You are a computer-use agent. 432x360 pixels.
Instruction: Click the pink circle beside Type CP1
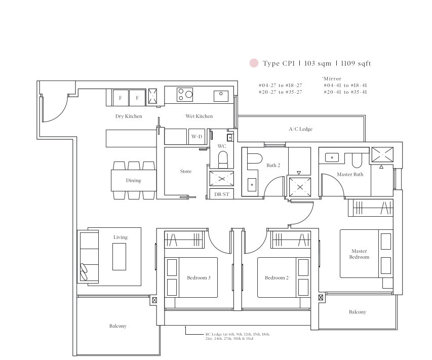click(254, 63)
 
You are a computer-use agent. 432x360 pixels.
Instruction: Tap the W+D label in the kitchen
click(197, 136)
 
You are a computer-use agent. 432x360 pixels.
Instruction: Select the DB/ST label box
click(222, 194)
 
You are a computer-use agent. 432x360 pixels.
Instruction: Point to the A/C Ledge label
click(301, 129)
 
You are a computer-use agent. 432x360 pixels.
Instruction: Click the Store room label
click(186, 171)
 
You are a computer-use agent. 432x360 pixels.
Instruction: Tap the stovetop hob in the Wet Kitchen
click(185, 95)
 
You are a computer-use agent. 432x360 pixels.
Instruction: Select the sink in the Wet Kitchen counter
click(221, 96)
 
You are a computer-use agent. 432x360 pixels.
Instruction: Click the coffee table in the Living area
click(120, 257)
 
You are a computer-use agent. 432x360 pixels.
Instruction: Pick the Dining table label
click(133, 180)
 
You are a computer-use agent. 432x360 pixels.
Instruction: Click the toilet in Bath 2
click(254, 158)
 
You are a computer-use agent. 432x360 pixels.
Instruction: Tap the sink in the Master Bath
click(332, 157)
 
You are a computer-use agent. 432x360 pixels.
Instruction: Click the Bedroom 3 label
click(199, 277)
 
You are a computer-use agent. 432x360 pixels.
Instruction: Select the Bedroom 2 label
click(277, 277)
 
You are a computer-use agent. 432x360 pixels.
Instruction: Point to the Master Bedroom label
click(359, 254)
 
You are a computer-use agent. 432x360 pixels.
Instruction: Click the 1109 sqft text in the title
click(356, 63)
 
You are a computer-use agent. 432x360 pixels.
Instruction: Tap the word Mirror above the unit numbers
click(332, 79)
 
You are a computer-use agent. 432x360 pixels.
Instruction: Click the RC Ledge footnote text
click(238, 336)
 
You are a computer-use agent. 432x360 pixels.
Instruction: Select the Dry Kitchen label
click(129, 116)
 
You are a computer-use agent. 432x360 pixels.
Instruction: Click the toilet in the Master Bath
click(357, 161)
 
